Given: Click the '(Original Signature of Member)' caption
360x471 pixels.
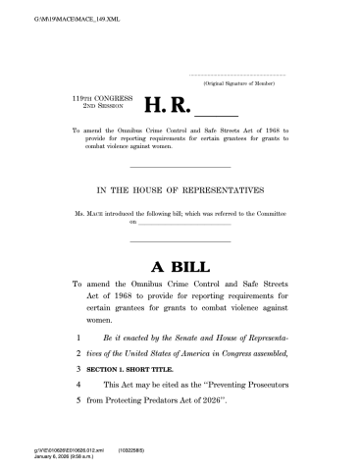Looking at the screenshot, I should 243,85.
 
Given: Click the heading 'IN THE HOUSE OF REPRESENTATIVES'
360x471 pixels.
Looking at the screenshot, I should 179,190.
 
